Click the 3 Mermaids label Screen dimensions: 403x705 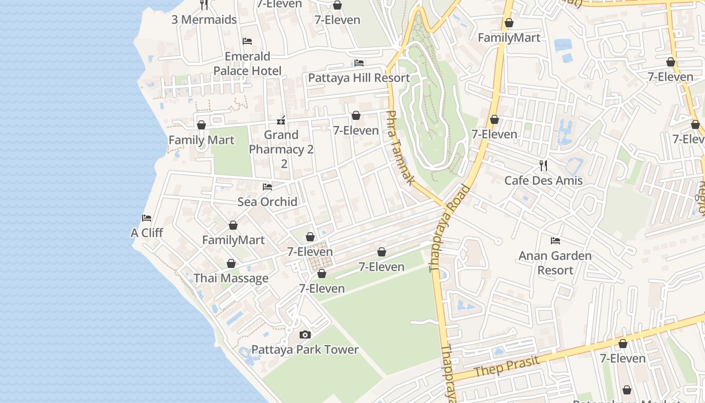coord(204,20)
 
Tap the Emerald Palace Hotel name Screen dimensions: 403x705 coord(247,63)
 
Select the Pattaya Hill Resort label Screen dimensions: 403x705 coord(359,78)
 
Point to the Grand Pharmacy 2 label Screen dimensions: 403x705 coord(281,142)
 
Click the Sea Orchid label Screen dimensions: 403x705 coord(267,201)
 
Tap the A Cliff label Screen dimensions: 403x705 coord(147,233)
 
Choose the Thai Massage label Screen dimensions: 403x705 coord(231,278)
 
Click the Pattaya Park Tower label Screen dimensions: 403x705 coord(305,350)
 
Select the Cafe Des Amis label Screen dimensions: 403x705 coord(543,180)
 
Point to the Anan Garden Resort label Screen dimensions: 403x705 coord(555,263)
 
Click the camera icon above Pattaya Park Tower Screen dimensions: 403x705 coord(305,335)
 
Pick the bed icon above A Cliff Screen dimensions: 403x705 coord(147,218)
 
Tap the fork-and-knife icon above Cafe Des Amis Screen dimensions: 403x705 coord(543,165)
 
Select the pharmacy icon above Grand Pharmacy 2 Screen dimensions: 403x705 coord(281,120)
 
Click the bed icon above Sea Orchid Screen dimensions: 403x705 coord(267,187)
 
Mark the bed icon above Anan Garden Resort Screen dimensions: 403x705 coord(555,241)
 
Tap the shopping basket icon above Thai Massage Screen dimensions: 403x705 coord(231,263)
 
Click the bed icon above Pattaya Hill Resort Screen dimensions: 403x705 coord(359,63)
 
